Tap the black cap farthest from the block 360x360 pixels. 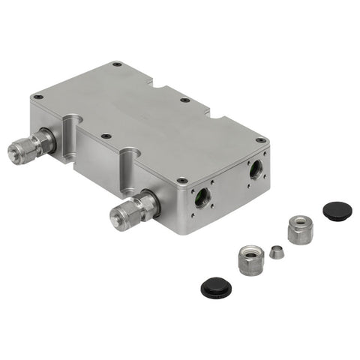pyautogui.click(x=215, y=286)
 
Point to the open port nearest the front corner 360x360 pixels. pyautogui.click(x=202, y=199)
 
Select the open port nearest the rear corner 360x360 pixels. pyautogui.click(x=257, y=169)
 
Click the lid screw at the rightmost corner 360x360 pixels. pyautogui.click(x=260, y=140)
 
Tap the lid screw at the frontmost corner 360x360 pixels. pyautogui.click(x=181, y=181)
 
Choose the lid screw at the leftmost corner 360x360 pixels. pyautogui.click(x=37, y=96)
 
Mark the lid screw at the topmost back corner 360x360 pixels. pyautogui.click(x=116, y=64)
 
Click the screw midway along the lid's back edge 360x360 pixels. pyautogui.click(x=184, y=100)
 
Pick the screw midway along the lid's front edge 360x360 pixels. pyautogui.click(x=106, y=136)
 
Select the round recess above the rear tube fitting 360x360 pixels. pyautogui.click(x=73, y=120)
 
